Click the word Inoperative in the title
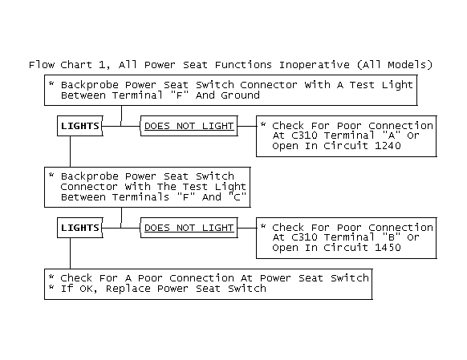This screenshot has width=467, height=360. click(x=314, y=65)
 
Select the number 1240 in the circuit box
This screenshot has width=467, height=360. click(x=388, y=146)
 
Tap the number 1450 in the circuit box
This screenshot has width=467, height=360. click(x=388, y=248)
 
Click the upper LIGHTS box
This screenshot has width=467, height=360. click(x=79, y=126)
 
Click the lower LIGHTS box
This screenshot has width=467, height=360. click(x=79, y=228)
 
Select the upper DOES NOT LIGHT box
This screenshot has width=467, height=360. click(x=189, y=126)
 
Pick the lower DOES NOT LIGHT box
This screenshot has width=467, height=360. click(x=189, y=228)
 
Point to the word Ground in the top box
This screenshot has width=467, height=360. click(x=240, y=95)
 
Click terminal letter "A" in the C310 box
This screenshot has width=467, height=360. click(x=391, y=136)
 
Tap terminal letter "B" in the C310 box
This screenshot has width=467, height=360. click(x=391, y=237)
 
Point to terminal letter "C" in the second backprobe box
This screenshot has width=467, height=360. click(x=237, y=196)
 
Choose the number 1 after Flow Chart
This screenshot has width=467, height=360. click(x=103, y=65)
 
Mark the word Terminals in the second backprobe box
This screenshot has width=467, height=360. click(x=140, y=197)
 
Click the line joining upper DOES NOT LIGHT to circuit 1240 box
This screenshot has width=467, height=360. click(x=247, y=126)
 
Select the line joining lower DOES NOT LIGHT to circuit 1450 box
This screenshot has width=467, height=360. click(x=247, y=228)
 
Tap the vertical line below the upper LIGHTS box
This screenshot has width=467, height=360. click(x=71, y=152)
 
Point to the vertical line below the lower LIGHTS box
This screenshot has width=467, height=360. click(x=71, y=253)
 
